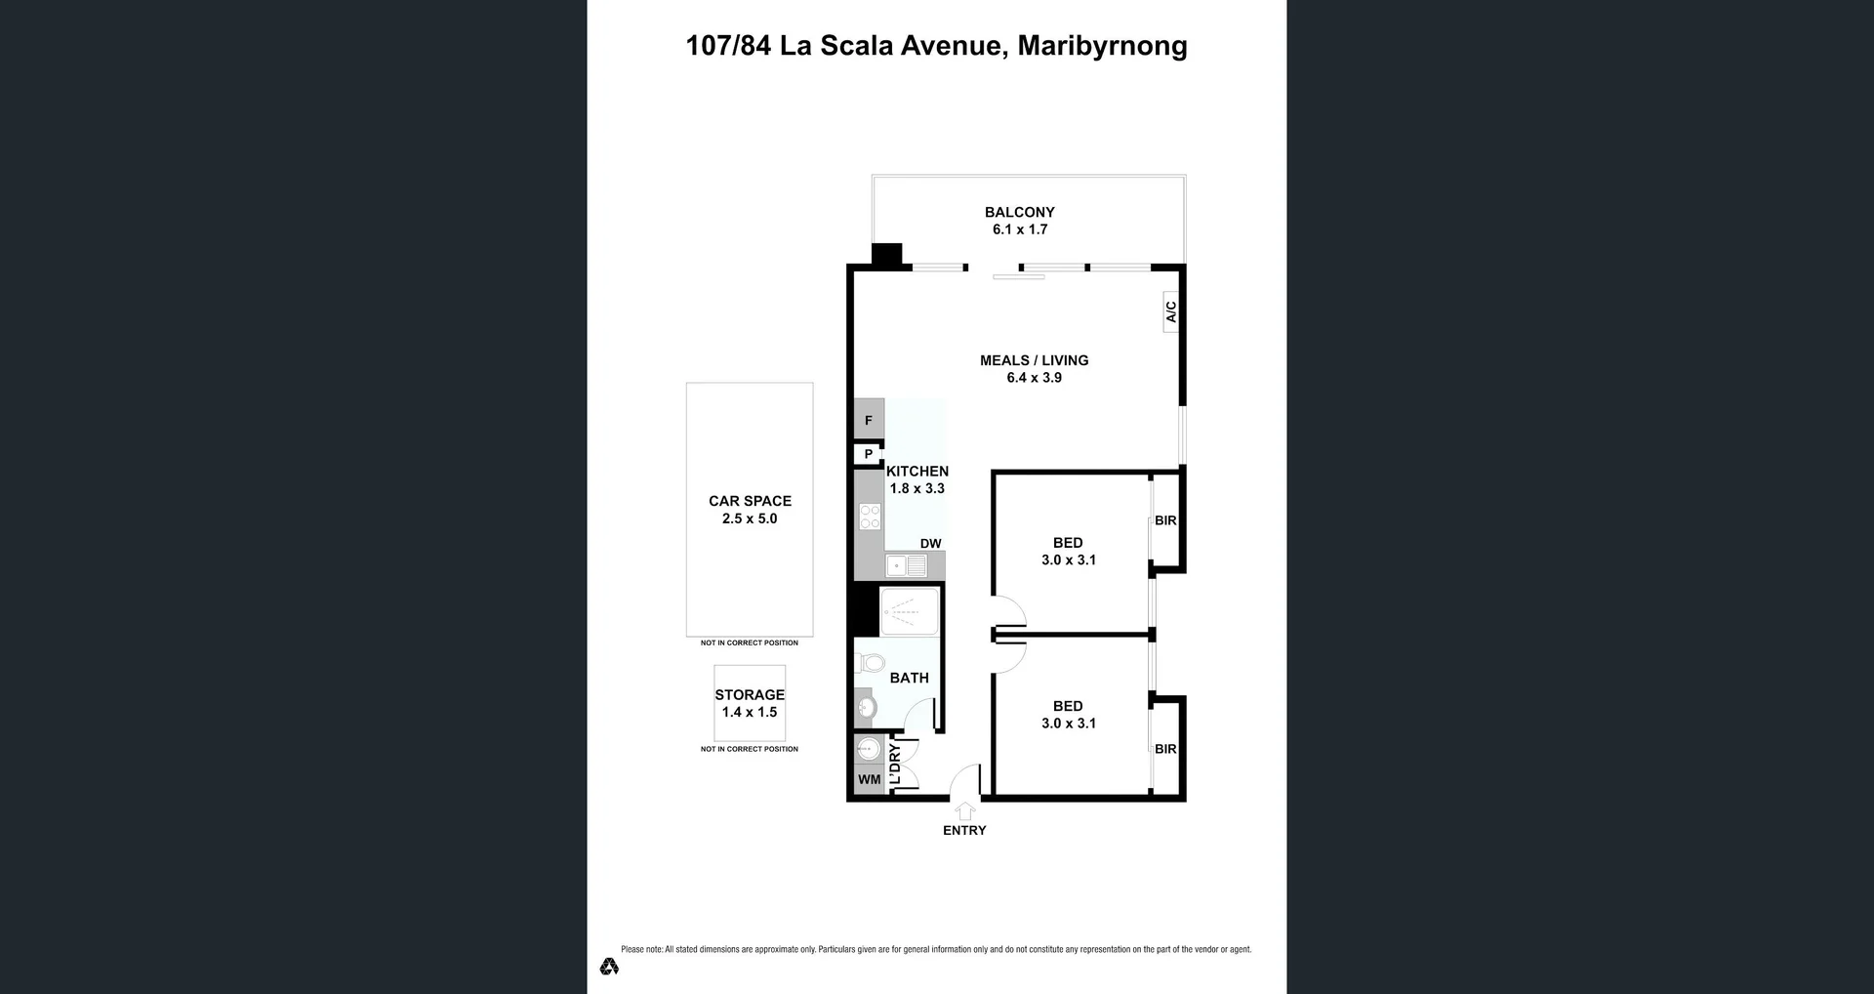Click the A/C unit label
pyautogui.click(x=1171, y=311)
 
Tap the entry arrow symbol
pyautogui.click(x=964, y=810)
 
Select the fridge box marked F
pyautogui.click(x=869, y=419)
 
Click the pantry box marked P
pyautogui.click(x=868, y=454)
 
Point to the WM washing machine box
pyautogui.click(x=870, y=779)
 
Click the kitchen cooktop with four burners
pyautogui.click(x=870, y=517)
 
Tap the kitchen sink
pyautogui.click(x=907, y=565)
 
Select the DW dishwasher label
pyautogui.click(x=930, y=544)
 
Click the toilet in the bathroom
pyautogui.click(x=869, y=663)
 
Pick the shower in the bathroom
pyautogui.click(x=910, y=611)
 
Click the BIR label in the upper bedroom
pyautogui.click(x=1165, y=520)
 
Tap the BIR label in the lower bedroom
pyautogui.click(x=1165, y=749)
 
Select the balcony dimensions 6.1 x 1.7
pyautogui.click(x=1020, y=229)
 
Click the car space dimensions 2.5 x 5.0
pyautogui.click(x=750, y=518)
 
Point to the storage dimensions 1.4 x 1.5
pyautogui.click(x=750, y=712)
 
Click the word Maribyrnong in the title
pyautogui.click(x=1102, y=46)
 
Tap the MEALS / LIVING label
pyautogui.click(x=1035, y=360)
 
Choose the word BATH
pyautogui.click(x=910, y=678)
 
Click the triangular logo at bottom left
pyautogui.click(x=609, y=966)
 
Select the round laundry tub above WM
pyautogui.click(x=868, y=749)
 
